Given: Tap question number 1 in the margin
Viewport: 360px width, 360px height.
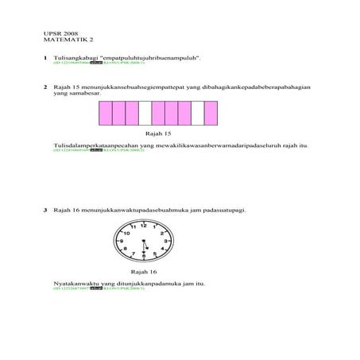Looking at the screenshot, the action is [45, 58].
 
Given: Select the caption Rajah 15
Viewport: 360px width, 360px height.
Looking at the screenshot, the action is [158, 134].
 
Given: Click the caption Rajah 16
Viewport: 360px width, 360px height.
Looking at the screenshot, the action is [144, 271].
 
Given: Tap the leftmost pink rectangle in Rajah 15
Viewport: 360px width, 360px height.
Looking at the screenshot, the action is [105, 114].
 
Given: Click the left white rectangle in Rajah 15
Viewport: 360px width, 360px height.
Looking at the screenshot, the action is [145, 114].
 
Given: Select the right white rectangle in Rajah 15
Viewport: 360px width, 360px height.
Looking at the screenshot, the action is [197, 114].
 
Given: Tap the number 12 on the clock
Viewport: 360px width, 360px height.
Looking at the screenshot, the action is [144, 226].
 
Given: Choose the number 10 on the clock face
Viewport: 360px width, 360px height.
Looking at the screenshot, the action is [127, 234].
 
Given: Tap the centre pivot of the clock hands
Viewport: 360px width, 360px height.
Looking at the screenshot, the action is [144, 241].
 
